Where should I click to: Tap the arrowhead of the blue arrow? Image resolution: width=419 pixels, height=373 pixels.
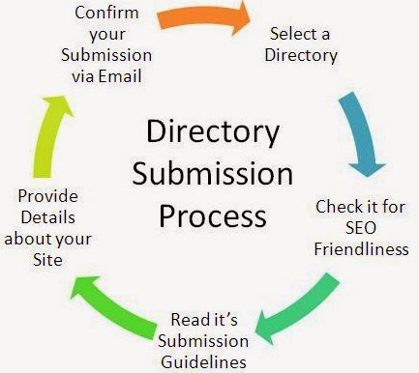(x=367, y=170)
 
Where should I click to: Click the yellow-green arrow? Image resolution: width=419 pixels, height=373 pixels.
(x=48, y=135)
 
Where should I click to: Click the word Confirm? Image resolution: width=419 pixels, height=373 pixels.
(x=106, y=13)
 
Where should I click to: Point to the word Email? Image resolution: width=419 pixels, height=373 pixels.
(x=120, y=76)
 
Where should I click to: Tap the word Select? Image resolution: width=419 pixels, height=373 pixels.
(x=288, y=34)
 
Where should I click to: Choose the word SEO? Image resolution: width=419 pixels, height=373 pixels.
(x=361, y=228)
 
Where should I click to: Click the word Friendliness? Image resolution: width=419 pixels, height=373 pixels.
(x=362, y=249)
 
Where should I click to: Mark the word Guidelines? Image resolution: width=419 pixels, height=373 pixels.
(x=203, y=362)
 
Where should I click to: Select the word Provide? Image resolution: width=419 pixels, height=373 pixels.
(x=47, y=196)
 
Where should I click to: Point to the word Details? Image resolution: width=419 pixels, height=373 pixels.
(x=48, y=217)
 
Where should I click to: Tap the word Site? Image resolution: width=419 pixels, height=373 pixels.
(x=47, y=260)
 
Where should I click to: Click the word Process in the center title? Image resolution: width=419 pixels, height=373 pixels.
(x=213, y=216)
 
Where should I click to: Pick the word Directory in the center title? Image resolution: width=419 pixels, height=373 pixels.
(x=213, y=132)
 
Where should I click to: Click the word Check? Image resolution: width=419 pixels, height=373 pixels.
(x=334, y=207)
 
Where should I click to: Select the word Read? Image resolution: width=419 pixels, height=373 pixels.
(x=185, y=320)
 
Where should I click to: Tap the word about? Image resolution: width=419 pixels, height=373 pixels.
(x=26, y=239)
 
